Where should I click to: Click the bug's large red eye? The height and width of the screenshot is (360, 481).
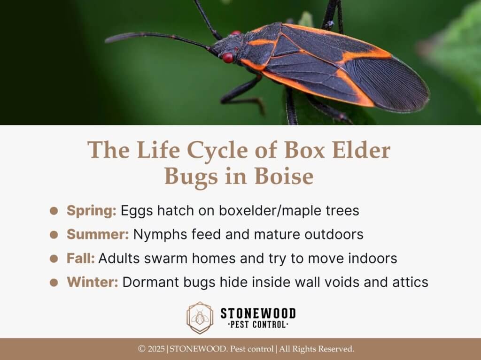click(x=228, y=58)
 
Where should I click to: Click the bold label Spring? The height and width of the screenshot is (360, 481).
click(x=92, y=211)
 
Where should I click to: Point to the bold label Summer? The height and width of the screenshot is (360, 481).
click(x=98, y=234)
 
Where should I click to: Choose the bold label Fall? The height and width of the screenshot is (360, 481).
click(x=80, y=258)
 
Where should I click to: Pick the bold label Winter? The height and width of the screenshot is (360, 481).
click(x=93, y=282)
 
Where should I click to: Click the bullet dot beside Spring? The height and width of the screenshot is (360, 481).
click(x=54, y=211)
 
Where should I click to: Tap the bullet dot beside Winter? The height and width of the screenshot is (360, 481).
click(x=54, y=283)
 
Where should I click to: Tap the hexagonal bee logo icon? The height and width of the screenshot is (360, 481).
click(x=200, y=318)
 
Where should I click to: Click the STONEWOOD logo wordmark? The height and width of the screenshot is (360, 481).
click(x=258, y=314)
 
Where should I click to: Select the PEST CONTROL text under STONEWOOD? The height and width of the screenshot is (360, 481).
click(x=258, y=325)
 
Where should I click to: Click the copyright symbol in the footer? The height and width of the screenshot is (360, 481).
click(x=141, y=349)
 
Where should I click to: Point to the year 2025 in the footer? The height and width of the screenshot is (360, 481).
click(x=156, y=349)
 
